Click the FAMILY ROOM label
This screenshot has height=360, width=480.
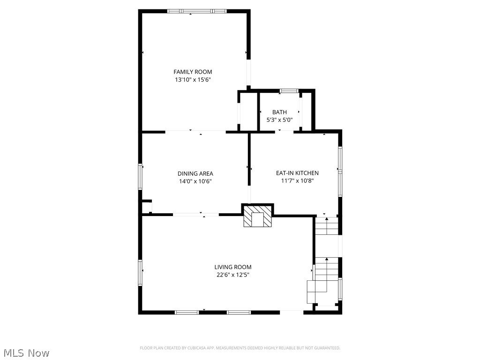click(x=193, y=72)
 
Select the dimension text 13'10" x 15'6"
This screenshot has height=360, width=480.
click(x=193, y=80)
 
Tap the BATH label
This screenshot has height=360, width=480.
click(x=279, y=112)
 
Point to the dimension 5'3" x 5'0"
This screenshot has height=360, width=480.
click(x=279, y=120)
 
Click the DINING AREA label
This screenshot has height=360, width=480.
click(x=195, y=173)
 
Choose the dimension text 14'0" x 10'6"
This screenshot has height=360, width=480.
click(x=195, y=181)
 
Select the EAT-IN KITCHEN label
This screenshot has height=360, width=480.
click(x=297, y=173)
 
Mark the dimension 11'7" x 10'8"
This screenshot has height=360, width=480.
click(x=297, y=180)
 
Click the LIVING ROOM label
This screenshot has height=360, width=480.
click(x=233, y=267)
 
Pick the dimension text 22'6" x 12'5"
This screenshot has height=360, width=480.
click(x=233, y=275)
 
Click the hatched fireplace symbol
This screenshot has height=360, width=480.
click(x=257, y=217)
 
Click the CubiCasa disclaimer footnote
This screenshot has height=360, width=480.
click(x=240, y=348)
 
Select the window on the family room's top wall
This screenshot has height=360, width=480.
click(x=197, y=11)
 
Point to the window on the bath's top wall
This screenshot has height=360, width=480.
click(x=289, y=90)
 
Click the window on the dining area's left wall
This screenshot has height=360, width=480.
click(x=140, y=176)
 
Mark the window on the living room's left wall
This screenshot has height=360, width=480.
click(x=140, y=273)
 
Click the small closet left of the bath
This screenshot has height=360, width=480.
click(x=248, y=112)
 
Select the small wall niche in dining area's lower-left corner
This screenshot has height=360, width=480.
click(x=146, y=207)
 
